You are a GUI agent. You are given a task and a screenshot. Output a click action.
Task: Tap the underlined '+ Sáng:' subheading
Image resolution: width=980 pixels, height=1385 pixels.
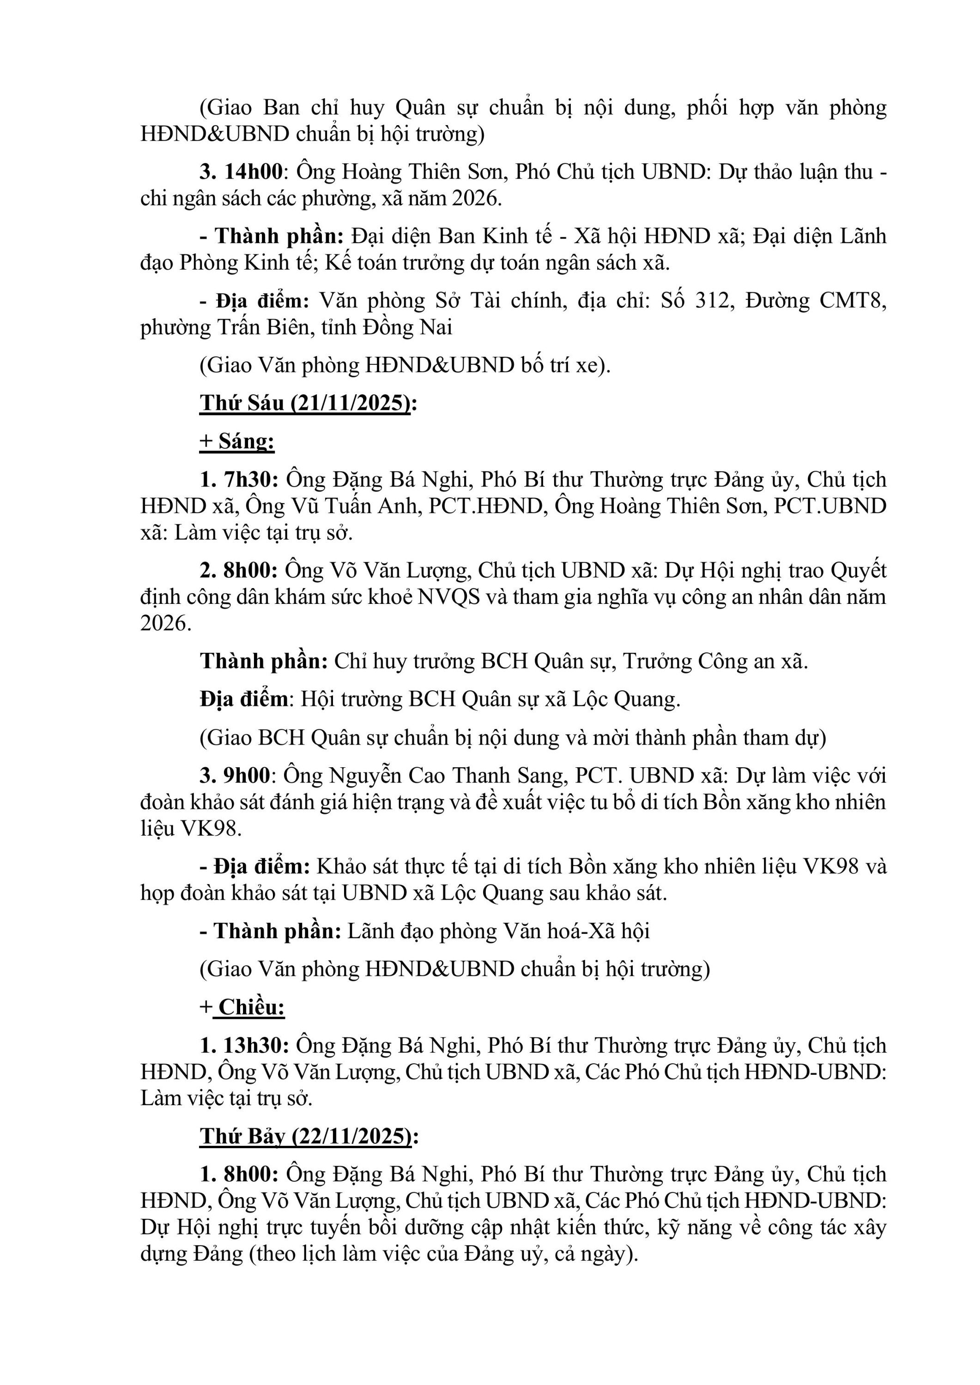237,441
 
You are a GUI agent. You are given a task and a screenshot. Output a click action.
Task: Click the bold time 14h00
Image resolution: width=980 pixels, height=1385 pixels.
254,172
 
